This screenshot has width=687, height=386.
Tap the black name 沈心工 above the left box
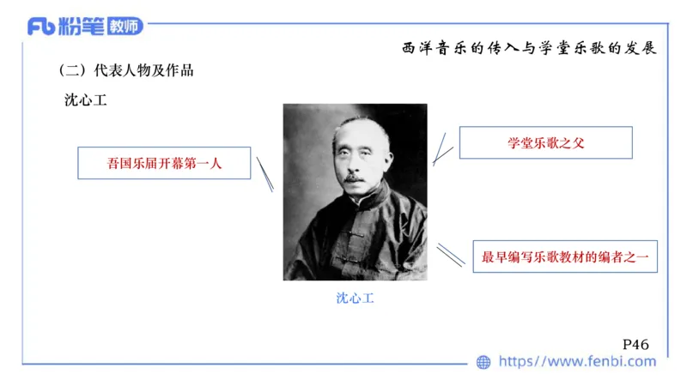(85, 100)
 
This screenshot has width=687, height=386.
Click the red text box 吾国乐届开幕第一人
(164, 163)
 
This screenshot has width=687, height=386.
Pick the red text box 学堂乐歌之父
(545, 143)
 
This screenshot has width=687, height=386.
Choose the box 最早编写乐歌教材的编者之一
(565, 256)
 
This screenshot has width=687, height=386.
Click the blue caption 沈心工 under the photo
(355, 299)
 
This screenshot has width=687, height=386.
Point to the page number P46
(635, 344)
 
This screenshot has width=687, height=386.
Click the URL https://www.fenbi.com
(577, 362)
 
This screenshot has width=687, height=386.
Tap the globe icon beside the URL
(483, 362)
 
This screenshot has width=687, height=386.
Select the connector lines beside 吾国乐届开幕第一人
(265, 174)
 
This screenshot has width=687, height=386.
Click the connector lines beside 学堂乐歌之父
(442, 148)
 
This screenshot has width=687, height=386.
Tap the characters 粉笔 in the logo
(81, 27)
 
